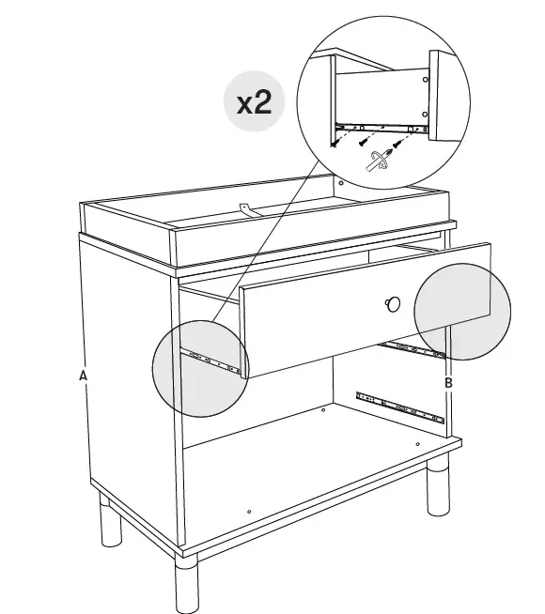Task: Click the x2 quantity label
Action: pos(254,101)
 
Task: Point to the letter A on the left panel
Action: pos(84,376)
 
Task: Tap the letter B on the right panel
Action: pos(448,383)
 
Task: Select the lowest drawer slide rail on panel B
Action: pos(399,407)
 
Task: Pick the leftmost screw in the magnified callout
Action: pos(335,143)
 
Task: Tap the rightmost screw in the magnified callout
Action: pos(398,145)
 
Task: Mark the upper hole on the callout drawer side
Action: pos(425,80)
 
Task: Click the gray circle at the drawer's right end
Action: pos(462,310)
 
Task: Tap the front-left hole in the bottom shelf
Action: pos(249,512)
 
